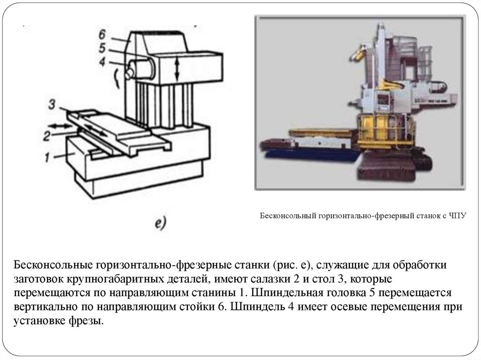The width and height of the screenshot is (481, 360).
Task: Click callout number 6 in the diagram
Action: (x=102, y=34)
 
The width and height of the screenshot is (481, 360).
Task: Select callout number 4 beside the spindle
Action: (x=102, y=61)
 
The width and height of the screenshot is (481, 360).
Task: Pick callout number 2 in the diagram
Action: (x=47, y=136)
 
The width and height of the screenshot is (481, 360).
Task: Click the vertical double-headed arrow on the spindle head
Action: (x=177, y=68)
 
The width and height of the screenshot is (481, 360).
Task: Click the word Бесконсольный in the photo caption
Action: (x=287, y=217)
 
